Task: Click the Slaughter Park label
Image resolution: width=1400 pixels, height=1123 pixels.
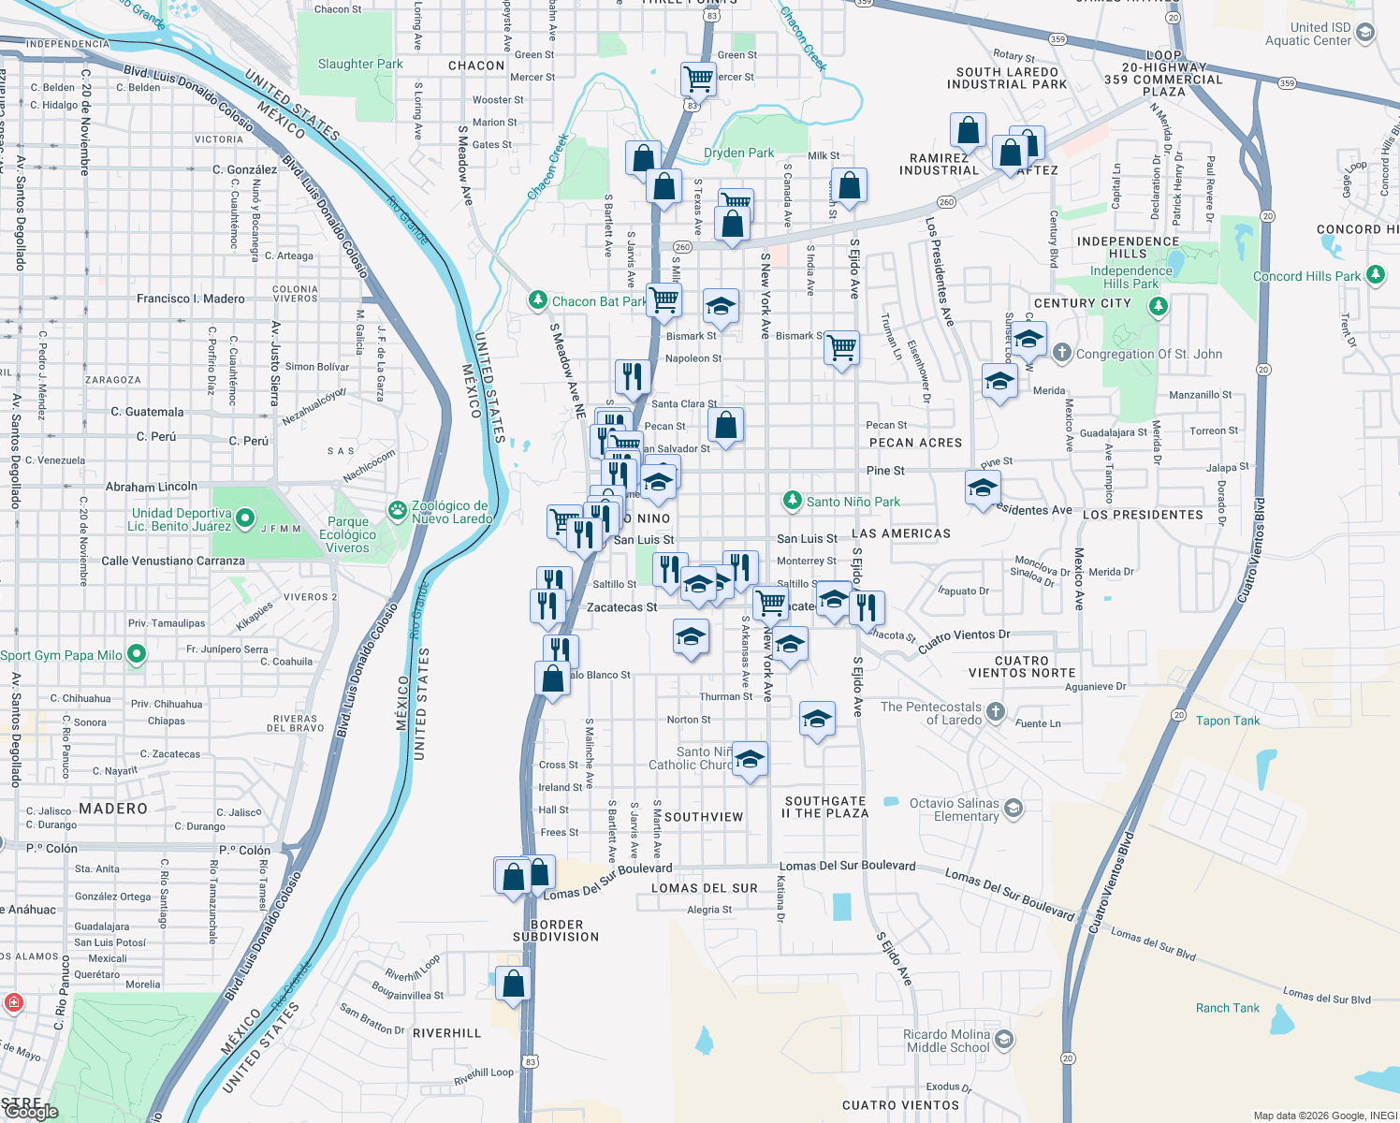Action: click(x=360, y=65)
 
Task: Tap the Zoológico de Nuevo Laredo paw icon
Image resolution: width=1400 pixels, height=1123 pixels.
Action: click(x=398, y=511)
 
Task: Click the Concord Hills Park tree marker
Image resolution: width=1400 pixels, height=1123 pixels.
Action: click(x=1375, y=275)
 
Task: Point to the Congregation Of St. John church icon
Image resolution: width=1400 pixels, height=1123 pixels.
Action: click(x=1061, y=353)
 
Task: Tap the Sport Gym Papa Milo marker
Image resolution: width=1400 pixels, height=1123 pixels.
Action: click(x=137, y=654)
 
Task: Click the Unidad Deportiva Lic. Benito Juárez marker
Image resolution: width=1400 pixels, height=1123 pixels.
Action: click(x=245, y=517)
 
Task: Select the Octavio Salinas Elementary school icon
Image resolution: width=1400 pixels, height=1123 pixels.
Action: click(x=1013, y=808)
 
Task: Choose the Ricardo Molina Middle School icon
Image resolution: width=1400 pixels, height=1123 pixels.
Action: click(x=1003, y=1039)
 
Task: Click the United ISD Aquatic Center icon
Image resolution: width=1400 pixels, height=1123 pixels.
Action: click(x=1364, y=33)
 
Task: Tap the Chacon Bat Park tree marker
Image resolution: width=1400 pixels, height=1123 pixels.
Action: click(x=537, y=300)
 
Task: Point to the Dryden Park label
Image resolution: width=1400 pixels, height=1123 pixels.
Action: click(x=738, y=153)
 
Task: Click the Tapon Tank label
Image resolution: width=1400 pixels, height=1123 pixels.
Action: click(x=1227, y=721)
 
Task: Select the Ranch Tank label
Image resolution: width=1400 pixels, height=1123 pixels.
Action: click(x=1227, y=1008)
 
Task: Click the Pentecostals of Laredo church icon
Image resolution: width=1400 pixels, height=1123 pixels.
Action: click(x=996, y=712)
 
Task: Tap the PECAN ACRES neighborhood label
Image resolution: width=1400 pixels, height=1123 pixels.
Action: click(x=915, y=443)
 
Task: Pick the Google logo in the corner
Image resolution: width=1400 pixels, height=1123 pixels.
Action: click(x=31, y=1112)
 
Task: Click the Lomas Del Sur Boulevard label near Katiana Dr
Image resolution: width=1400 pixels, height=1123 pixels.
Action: click(x=847, y=866)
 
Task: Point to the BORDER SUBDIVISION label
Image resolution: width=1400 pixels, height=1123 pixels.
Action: click(x=556, y=930)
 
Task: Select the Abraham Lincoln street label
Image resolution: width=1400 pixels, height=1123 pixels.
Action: click(x=152, y=487)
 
